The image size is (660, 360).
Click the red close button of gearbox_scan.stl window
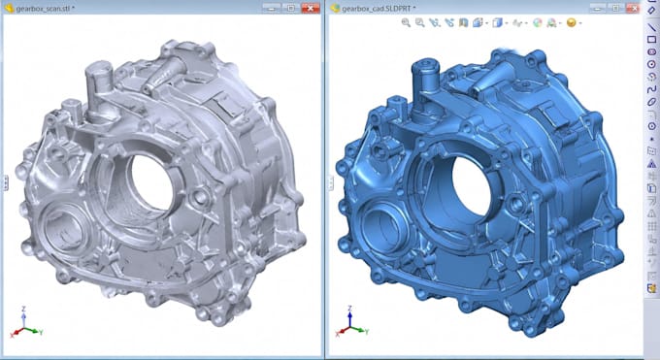[x=311, y=8]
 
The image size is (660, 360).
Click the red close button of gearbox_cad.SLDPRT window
[x=634, y=8]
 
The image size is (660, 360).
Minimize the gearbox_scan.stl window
[x=272, y=8]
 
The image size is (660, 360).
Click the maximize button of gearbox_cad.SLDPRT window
[x=615, y=8]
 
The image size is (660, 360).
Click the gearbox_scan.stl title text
[x=45, y=9]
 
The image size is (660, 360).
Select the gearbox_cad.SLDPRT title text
[x=378, y=9]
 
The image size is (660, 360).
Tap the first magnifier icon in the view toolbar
[x=406, y=23]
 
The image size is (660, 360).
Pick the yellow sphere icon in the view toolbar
[x=571, y=22]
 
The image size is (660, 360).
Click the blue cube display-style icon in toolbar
[x=498, y=22]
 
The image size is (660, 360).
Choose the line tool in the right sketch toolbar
[x=651, y=27]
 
